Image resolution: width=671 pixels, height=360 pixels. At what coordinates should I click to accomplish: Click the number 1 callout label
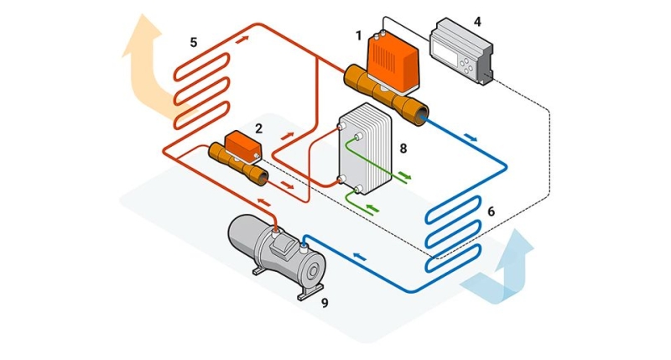tap(359, 35)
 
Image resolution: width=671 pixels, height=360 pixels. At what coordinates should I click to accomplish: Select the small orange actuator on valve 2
tap(243, 146)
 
